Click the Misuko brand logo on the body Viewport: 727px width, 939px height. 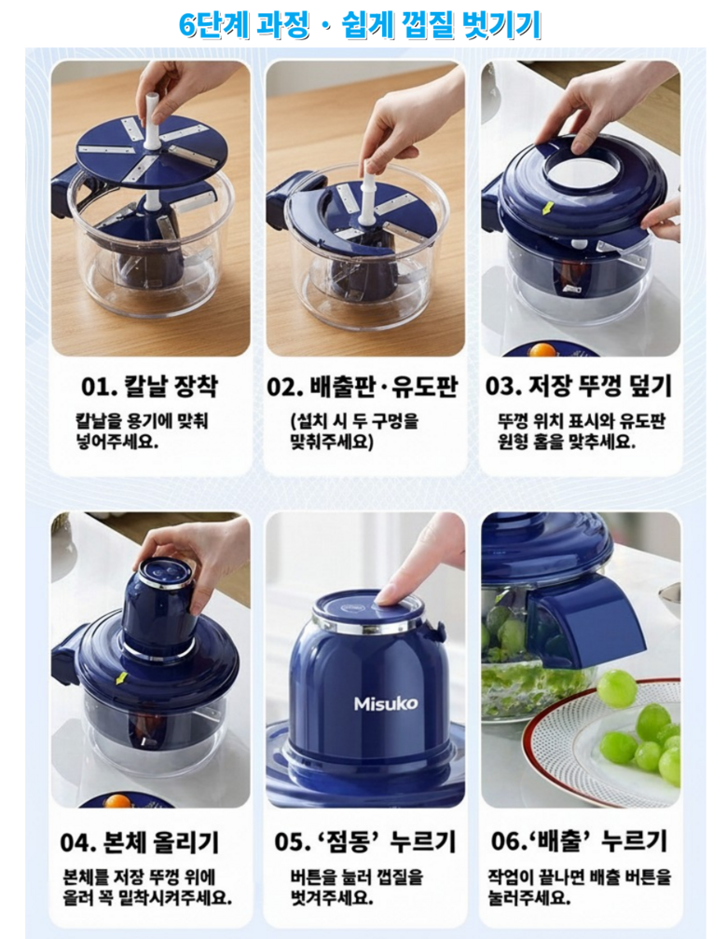coord(385,703)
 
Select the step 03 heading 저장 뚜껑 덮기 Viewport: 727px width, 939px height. coord(599,387)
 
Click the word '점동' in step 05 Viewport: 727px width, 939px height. coord(349,841)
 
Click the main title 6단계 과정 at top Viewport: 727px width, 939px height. coord(244,25)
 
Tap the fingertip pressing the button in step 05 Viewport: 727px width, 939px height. coord(384,594)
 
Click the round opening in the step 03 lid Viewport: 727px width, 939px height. coord(582,170)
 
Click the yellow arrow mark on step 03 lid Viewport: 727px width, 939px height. coord(547,209)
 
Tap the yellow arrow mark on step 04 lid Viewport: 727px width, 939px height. coord(122,678)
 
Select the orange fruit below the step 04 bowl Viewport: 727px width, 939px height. coord(118,801)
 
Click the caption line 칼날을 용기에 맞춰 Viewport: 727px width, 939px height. coord(142,421)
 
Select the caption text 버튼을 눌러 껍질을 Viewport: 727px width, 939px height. coord(357,878)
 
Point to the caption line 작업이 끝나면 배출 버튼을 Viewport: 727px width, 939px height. coord(580,878)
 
